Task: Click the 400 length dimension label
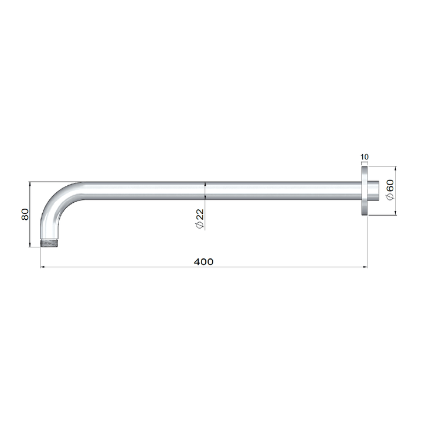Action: pyautogui.click(x=203, y=261)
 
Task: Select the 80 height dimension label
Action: pyautogui.click(x=25, y=215)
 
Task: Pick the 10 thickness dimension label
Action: pyautogui.click(x=364, y=157)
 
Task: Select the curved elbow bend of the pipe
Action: pyautogui.click(x=56, y=202)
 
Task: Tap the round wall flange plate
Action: pyautogui.click(x=365, y=191)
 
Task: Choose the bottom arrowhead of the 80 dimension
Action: pyautogui.click(x=30, y=247)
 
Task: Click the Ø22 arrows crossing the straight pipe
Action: pyautogui.click(x=205, y=191)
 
